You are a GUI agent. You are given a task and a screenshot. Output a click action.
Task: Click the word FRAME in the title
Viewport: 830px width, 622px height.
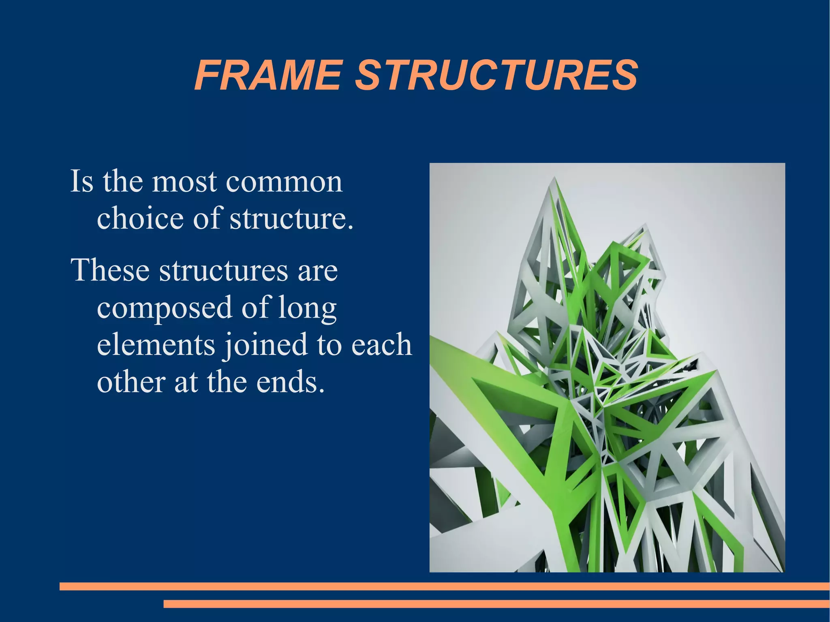[267, 76]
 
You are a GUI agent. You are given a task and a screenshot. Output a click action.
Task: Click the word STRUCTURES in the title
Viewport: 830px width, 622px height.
[496, 76]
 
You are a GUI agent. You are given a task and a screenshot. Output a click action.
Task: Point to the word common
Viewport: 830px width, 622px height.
[284, 182]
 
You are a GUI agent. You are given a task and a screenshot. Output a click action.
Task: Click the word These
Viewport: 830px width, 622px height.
[110, 270]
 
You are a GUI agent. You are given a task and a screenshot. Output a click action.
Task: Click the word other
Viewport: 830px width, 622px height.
[131, 382]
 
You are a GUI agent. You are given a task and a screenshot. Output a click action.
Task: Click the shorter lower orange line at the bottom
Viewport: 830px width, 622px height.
[496, 604]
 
